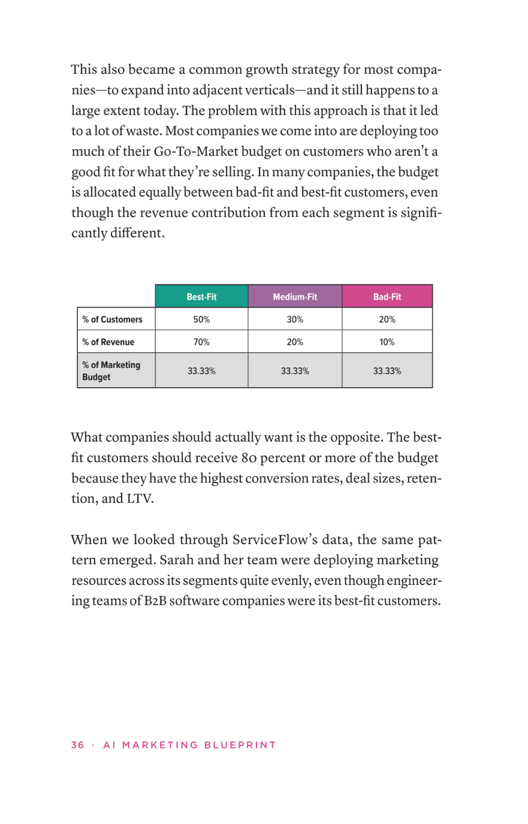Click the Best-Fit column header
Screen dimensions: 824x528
coord(201,297)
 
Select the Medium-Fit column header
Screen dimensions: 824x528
coord(295,297)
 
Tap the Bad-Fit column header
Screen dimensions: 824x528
coord(387,297)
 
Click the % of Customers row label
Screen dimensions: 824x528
coord(113,319)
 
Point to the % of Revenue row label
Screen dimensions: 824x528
coord(108,342)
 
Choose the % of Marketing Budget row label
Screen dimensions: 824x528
coord(111,371)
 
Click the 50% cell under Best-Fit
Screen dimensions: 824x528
coord(201,319)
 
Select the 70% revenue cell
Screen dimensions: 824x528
coord(201,342)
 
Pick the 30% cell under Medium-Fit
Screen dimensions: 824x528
coord(295,319)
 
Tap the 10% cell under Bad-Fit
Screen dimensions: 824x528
coord(387,342)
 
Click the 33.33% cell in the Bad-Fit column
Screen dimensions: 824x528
coord(387,371)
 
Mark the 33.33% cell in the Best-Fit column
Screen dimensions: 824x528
coord(201,371)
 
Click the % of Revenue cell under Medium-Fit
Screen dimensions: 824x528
coord(295,342)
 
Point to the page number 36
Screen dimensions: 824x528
coord(77,745)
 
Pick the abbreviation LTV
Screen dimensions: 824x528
coord(140,499)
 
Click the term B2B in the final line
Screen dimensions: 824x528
coord(155,601)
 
